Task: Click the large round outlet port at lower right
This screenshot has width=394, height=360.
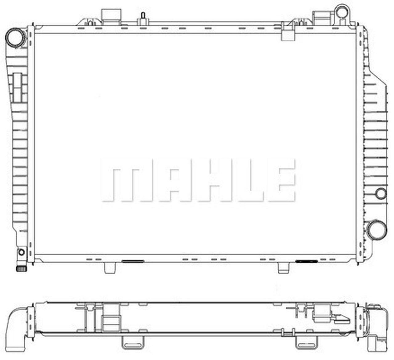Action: pos(376,229)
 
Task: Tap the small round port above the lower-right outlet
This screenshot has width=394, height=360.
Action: pos(381,193)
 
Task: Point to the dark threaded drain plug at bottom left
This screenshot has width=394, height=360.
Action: pos(21,268)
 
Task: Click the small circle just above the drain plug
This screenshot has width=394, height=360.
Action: pos(21,252)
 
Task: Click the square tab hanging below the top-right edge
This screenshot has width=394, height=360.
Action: pos(288,34)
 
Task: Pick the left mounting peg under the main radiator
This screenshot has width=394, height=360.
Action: pos(110,268)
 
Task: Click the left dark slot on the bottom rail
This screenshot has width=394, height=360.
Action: pos(133,261)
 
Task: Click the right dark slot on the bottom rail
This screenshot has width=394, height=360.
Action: pos(306,261)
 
